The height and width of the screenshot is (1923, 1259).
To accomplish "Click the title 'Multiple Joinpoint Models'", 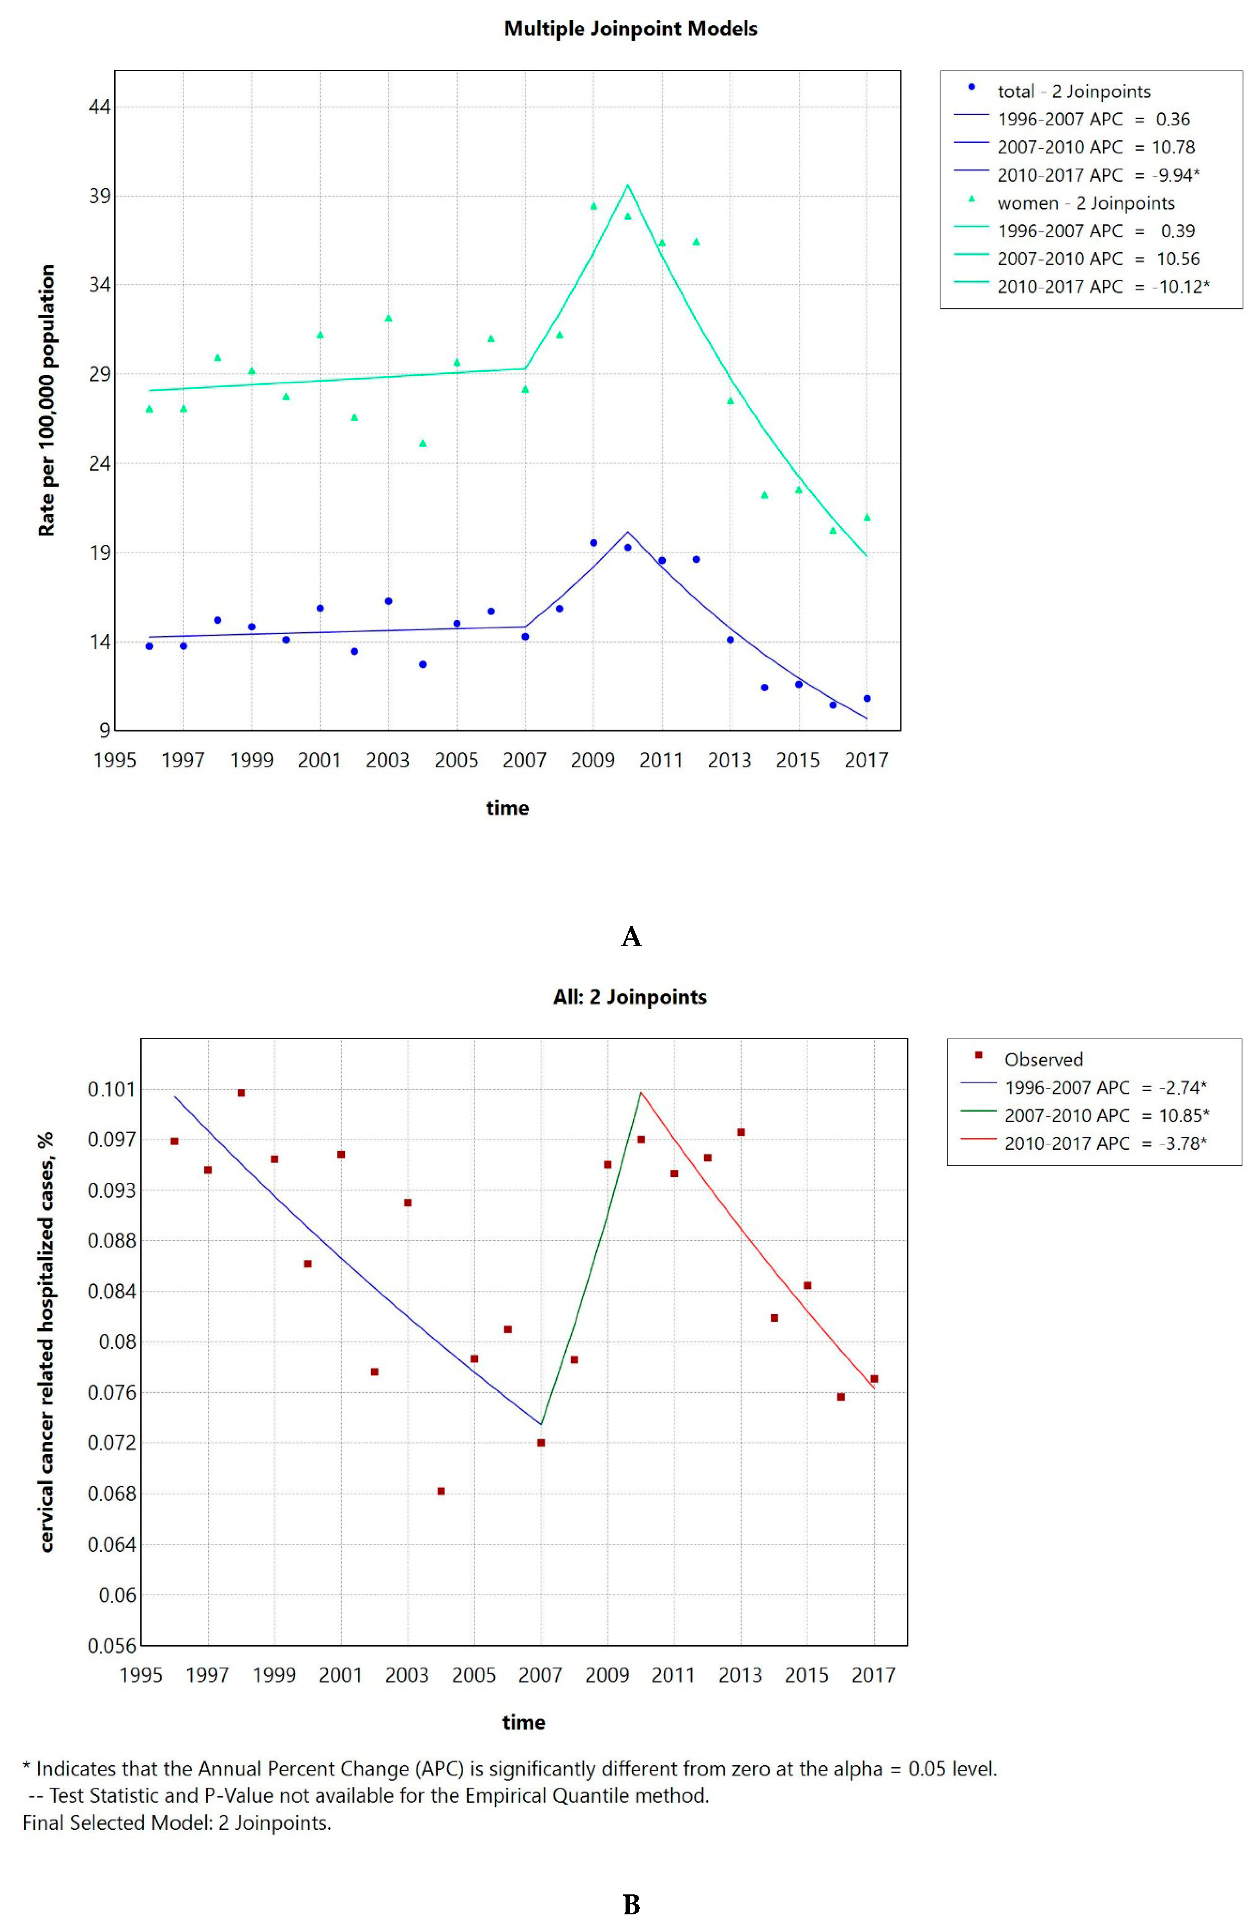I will (630, 29).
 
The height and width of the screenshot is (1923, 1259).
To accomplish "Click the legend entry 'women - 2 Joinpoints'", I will (1085, 203).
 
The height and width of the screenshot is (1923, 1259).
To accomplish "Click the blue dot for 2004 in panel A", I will (423, 664).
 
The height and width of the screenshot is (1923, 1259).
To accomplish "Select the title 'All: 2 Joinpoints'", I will (630, 997).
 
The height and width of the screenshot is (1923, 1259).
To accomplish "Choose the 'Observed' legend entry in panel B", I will (1043, 1059).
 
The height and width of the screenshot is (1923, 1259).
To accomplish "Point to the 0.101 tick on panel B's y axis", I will (111, 1089).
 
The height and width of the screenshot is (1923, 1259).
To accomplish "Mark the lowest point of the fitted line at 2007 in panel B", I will (541, 1424).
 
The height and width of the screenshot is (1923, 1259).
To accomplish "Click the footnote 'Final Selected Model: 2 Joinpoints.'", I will (176, 1823).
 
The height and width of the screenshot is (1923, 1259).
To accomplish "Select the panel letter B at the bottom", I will (631, 1905).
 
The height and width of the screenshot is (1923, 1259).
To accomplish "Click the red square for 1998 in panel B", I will (241, 1092).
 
